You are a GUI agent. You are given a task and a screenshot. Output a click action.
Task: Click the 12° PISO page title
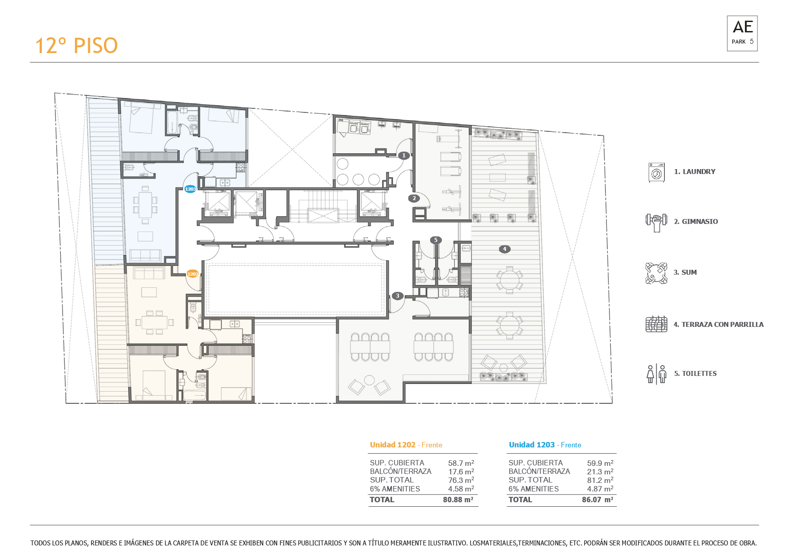point(76,45)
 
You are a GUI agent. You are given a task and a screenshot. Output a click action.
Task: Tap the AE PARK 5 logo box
point(742,33)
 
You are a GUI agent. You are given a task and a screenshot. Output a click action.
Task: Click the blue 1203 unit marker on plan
point(190,189)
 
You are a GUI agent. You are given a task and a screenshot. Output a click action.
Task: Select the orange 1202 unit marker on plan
point(193,274)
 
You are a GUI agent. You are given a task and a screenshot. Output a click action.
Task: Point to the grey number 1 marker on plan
point(403,156)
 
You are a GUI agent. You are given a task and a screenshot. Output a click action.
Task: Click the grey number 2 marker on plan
point(414,198)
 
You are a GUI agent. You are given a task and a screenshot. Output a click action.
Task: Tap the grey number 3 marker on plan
point(397,296)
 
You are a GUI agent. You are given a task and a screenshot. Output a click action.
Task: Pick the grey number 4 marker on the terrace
point(505,249)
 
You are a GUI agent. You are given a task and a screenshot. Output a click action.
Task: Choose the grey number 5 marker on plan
point(435,240)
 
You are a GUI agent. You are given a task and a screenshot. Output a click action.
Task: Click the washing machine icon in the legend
point(657,172)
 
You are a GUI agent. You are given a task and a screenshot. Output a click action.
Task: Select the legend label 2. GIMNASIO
point(696,221)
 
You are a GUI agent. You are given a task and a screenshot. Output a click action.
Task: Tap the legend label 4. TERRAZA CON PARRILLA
point(718,324)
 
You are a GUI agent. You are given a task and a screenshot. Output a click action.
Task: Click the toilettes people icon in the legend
point(656,374)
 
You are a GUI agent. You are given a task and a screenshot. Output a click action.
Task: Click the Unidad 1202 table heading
point(406,445)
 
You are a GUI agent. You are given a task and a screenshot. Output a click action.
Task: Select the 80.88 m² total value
point(458,500)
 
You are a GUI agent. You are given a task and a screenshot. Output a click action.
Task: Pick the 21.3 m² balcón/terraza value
point(600,472)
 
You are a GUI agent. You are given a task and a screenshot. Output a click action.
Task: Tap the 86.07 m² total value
point(597,500)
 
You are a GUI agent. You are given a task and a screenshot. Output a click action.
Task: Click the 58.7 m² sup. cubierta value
point(461,463)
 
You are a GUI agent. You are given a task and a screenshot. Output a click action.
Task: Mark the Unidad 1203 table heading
point(545,445)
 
